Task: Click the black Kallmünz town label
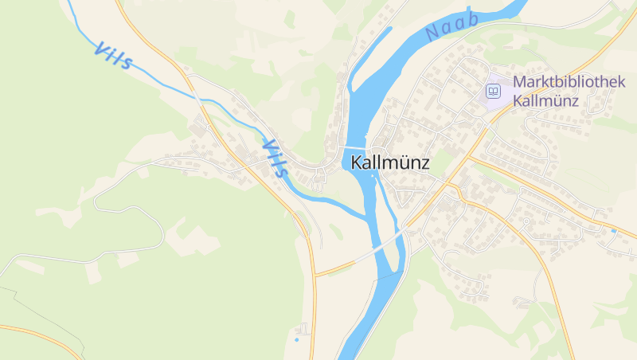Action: click(x=389, y=162)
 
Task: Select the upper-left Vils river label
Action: click(x=113, y=56)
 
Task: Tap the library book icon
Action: click(x=494, y=92)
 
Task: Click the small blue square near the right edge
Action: click(x=613, y=230)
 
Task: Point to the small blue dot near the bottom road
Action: click(x=296, y=340)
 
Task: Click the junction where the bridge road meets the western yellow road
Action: click(x=315, y=275)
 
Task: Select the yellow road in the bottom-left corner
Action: click(x=40, y=334)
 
